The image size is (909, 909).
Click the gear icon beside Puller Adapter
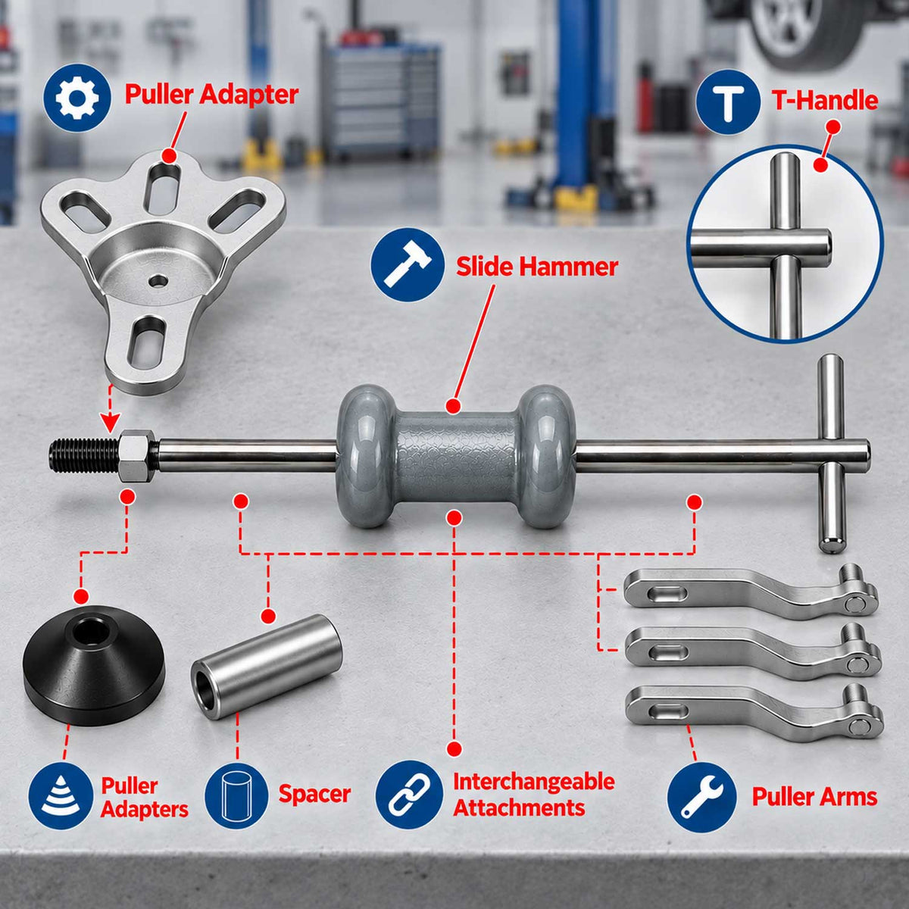(77, 98)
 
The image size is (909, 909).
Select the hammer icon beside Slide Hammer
(408, 265)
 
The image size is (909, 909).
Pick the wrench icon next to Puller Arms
(702, 797)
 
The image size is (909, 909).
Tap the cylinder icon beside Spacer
(237, 796)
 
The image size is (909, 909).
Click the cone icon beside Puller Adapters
(61, 796)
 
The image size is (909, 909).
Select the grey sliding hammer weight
(456, 457)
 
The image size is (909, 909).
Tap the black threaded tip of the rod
(83, 456)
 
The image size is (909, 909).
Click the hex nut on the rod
(137, 455)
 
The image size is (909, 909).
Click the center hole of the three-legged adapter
(158, 281)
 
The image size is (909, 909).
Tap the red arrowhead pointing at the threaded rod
(110, 421)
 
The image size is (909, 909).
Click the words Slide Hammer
(537, 267)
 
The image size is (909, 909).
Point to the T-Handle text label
(825, 101)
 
